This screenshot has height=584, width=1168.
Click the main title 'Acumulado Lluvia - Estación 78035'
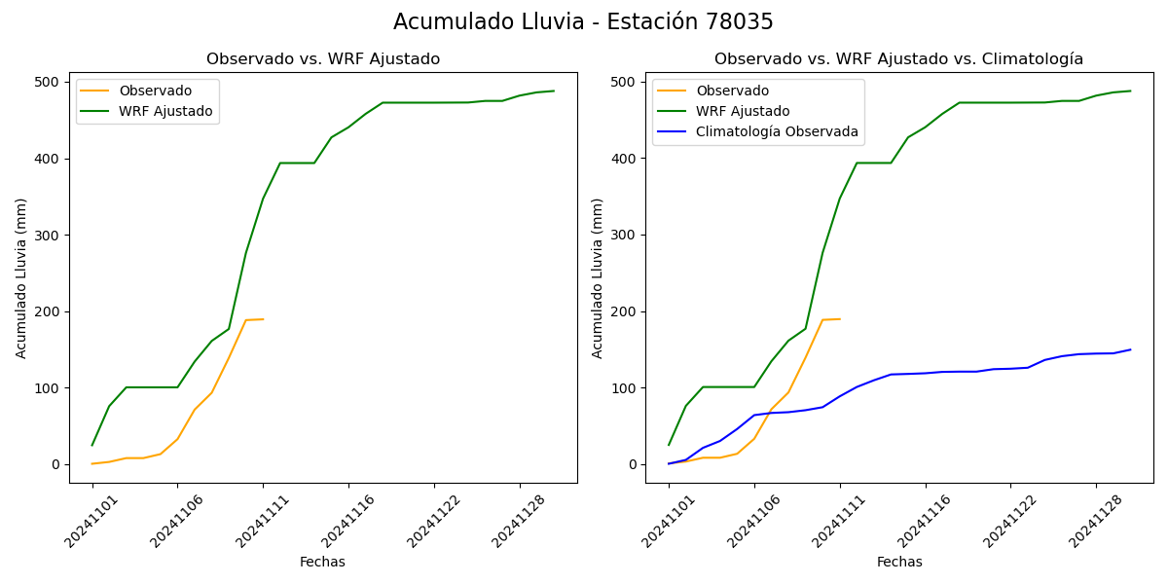tap(583, 22)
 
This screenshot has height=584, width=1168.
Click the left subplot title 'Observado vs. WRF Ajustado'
tap(323, 59)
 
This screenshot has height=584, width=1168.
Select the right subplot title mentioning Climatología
tap(898, 59)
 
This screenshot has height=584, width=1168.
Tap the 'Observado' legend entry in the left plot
tap(155, 91)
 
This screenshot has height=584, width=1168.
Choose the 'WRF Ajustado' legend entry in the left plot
tap(165, 111)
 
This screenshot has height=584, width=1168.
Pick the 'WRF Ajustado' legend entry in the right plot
tap(742, 111)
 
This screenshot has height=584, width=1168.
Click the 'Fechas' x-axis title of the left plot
tap(322, 562)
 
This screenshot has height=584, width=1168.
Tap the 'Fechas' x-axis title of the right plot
tap(899, 562)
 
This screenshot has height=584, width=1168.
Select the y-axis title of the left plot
tap(21, 277)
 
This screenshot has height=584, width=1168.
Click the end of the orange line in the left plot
tap(263, 319)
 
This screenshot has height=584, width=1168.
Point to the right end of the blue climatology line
tap(1130, 349)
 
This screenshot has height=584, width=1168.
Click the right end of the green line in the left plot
tap(554, 91)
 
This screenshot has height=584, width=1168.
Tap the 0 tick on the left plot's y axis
tap(56, 464)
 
